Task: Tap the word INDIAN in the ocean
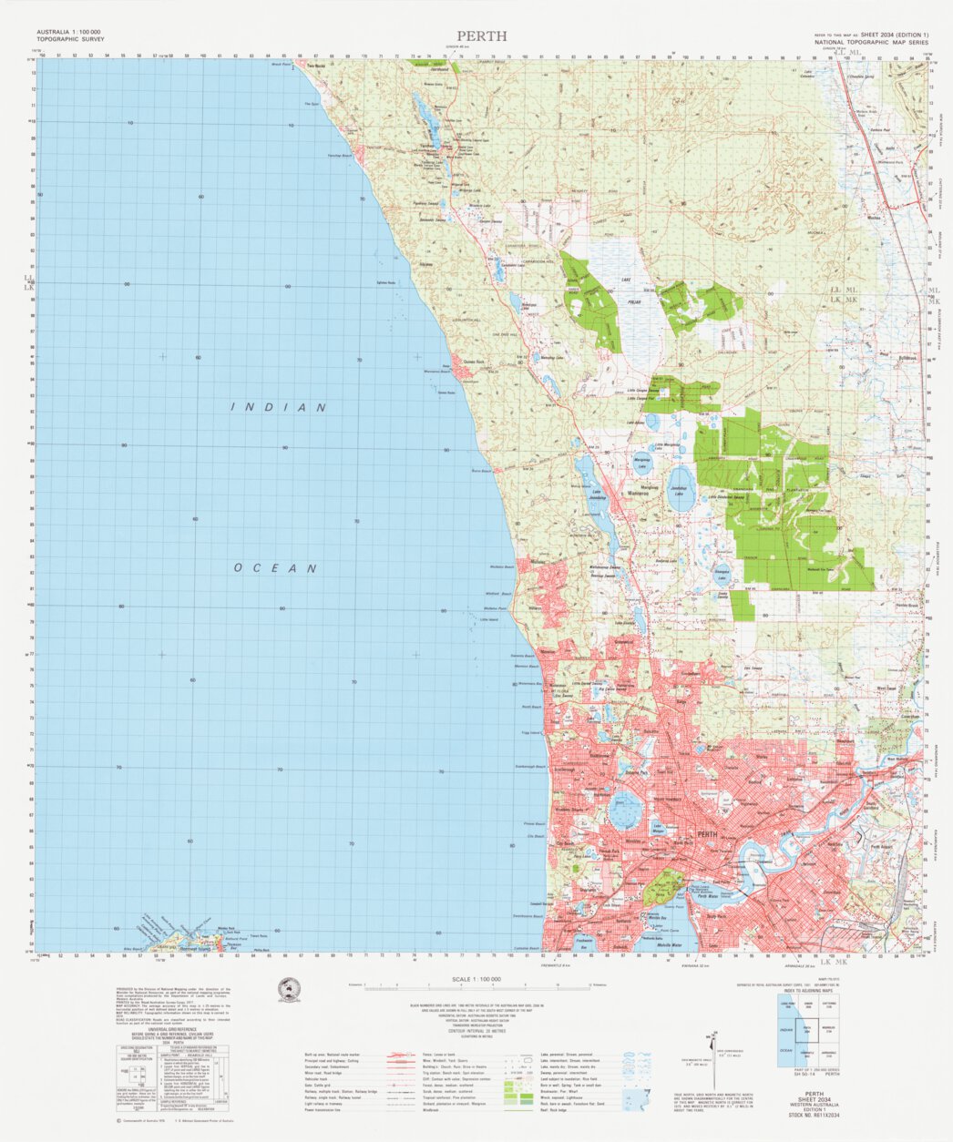[279, 407]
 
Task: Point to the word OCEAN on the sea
[275, 568]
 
